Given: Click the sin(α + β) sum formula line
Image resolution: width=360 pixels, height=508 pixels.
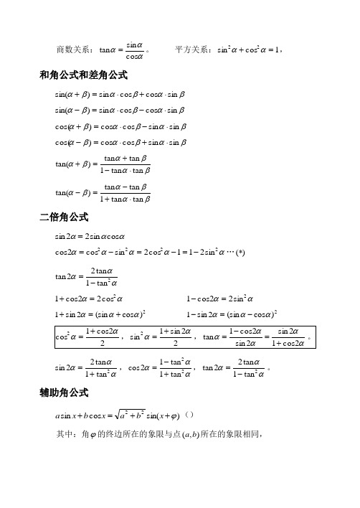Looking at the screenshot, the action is (x=119, y=94).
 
